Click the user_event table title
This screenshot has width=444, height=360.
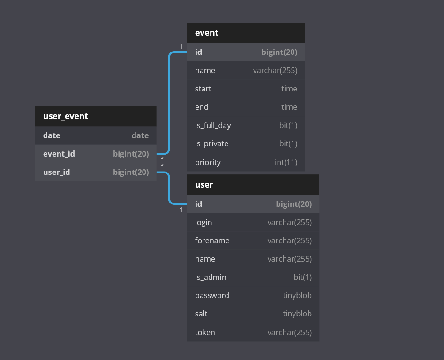click(66, 116)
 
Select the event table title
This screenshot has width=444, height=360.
click(207, 33)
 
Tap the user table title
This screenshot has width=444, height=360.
click(204, 185)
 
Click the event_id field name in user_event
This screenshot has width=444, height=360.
click(59, 154)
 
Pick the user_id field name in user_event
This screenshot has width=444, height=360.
click(56, 172)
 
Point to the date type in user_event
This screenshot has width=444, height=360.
click(140, 135)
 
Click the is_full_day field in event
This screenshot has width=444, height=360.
click(213, 125)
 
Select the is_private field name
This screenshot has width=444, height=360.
click(211, 144)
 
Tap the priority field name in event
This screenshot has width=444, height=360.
click(208, 163)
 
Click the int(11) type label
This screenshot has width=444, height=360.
click(286, 163)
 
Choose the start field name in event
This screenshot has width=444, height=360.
click(203, 89)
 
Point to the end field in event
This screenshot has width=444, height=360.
click(202, 107)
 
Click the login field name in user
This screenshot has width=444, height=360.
click(203, 223)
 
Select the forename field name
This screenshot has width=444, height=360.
click(212, 240)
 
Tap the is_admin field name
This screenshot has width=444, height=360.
click(211, 277)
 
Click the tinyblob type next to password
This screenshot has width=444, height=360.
click(297, 295)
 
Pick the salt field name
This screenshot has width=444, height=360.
click(201, 314)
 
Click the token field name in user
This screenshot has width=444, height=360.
click(205, 332)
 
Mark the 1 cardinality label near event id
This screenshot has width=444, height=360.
click(181, 46)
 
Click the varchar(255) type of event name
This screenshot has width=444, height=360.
click(275, 70)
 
